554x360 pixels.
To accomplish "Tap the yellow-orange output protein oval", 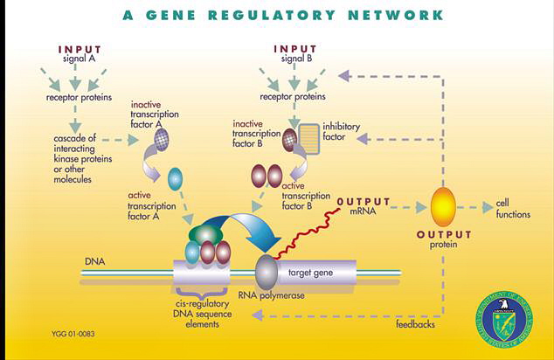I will pyautogui.click(x=443, y=207).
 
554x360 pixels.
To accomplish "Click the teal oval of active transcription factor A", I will pyautogui.click(x=175, y=178).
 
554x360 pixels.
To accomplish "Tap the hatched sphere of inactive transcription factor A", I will pyautogui.click(x=162, y=136).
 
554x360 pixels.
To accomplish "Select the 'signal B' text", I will pyautogui.click(x=300, y=59).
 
